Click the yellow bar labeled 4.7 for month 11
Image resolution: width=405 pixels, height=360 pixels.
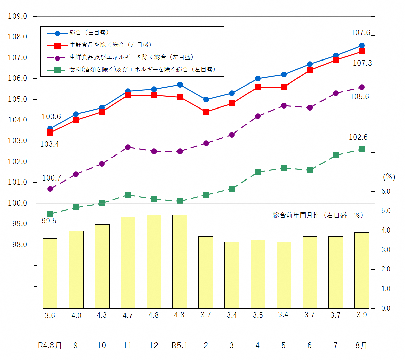[128, 262]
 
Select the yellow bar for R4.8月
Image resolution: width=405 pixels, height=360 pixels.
[50, 273]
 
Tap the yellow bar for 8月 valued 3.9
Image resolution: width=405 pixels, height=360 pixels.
[361, 270]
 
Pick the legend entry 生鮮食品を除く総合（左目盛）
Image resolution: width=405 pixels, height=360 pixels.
[110, 45]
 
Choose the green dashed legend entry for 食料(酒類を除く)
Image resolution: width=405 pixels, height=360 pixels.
[142, 70]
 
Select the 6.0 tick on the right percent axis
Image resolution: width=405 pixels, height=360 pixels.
[386, 191]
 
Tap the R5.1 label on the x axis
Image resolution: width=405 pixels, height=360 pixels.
[180, 345]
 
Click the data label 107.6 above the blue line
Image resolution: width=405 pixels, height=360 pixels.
[360, 33]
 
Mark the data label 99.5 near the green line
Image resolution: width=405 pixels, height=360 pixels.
[49, 221]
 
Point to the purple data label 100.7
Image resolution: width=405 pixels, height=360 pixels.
[51, 178]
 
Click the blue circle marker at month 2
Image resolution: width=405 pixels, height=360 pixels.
[206, 100]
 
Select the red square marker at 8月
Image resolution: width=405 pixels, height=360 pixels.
[361, 51]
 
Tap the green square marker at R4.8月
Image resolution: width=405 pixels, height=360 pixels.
[50, 214]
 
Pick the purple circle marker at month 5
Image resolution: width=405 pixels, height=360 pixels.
[284, 106]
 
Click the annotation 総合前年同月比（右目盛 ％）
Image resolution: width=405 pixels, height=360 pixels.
[318, 215]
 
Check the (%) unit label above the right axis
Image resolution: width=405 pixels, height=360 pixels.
[389, 177]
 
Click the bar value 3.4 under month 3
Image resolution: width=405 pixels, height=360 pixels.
[232, 315]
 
